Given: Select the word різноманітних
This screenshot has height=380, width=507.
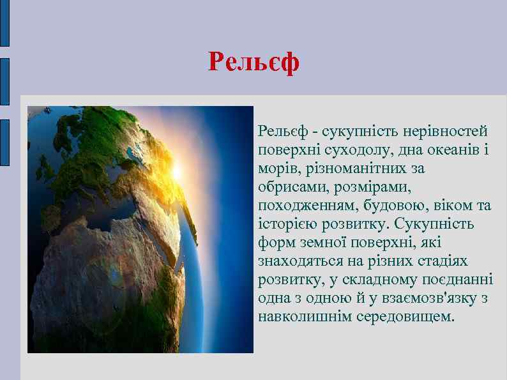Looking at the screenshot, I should click(349, 169).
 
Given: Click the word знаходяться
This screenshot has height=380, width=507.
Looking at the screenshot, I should click(298, 261).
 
